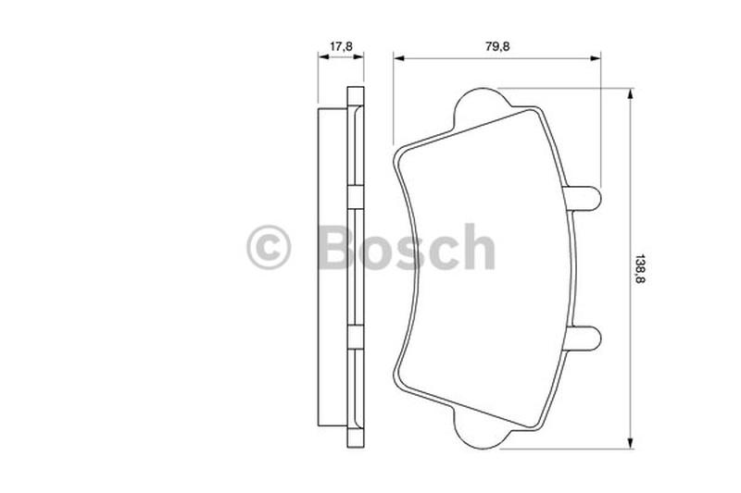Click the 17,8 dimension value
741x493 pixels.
point(341,44)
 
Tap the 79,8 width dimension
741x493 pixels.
point(496,44)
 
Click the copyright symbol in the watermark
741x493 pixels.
point(269,248)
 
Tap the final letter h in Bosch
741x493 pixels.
point(479,248)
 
